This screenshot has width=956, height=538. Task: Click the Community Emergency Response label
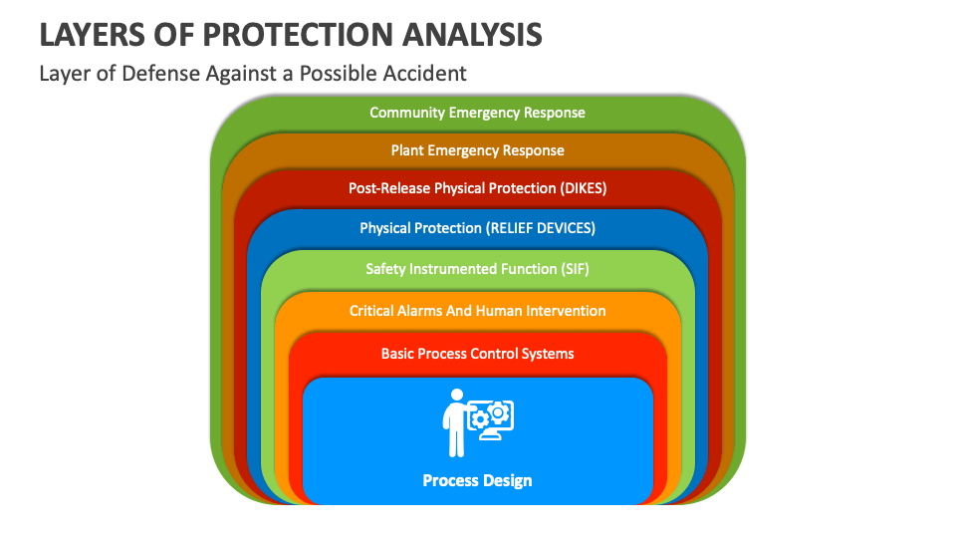pos(477,113)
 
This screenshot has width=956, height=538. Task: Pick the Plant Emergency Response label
pos(477,150)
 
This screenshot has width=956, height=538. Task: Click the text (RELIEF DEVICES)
pos(541,228)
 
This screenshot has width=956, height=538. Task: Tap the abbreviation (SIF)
pos(572,269)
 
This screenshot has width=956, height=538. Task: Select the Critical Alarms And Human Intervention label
pos(477,311)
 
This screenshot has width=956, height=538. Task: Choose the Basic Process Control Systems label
pos(477,354)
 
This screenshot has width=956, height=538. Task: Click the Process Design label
pos(477,480)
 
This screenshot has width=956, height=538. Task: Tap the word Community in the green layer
pos(406,113)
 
